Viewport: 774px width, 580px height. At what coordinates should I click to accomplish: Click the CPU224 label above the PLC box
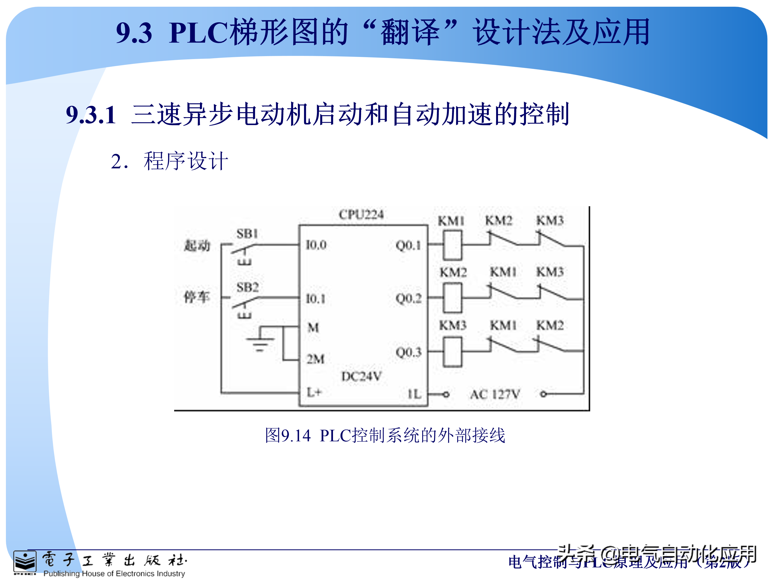pos(361,214)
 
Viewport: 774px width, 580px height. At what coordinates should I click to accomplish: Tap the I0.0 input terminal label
pos(316,245)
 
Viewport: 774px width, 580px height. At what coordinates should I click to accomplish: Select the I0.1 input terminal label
pos(316,299)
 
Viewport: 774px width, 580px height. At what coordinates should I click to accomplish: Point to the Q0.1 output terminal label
pos(408,245)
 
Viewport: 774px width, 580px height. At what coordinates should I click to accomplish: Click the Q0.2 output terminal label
pos(408,299)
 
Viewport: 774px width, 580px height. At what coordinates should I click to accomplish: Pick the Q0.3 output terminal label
pos(408,352)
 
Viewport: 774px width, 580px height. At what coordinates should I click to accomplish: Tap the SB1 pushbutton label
pos(248,233)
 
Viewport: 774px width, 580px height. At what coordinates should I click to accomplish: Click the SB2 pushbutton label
pos(248,287)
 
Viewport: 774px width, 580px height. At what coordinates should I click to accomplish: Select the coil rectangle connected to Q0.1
pos(452,245)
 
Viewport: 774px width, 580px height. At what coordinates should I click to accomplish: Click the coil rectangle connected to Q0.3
pos(452,352)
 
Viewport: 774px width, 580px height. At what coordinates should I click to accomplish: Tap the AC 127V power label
pos(495,394)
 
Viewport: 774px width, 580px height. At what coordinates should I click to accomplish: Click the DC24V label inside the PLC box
pos(361,376)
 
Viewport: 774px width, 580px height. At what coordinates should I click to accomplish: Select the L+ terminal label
pos(314,392)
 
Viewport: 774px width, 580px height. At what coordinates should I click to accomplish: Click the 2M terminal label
pos(315,359)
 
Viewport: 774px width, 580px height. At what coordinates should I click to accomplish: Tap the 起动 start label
pos(197,245)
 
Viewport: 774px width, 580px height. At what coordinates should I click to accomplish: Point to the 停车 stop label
pos(197,297)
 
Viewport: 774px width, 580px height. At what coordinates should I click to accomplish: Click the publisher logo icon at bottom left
pos(24,563)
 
